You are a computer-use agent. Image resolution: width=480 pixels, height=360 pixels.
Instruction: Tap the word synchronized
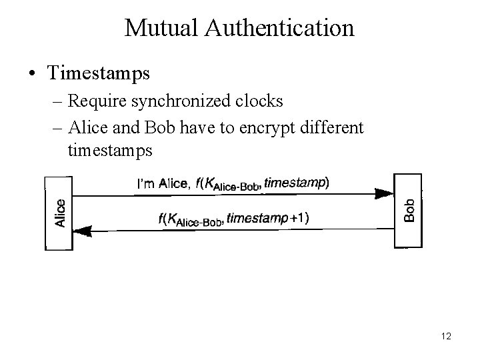(192, 101)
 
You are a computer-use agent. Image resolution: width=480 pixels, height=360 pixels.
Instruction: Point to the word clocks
(261, 101)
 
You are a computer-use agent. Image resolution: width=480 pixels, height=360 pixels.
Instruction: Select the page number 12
(446, 337)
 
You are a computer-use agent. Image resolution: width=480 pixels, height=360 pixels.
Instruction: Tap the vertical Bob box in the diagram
(409, 211)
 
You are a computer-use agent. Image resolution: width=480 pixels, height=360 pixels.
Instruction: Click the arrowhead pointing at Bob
(383, 194)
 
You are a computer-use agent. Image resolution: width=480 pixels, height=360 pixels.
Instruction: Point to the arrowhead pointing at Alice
(83, 231)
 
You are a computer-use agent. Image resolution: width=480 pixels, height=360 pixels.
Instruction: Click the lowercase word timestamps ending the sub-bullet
(110, 151)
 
